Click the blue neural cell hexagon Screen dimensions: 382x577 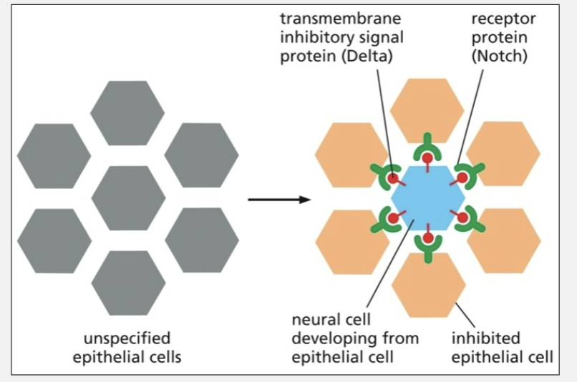click(x=427, y=197)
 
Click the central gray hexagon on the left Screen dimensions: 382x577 click(x=128, y=197)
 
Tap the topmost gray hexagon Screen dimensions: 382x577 click(x=128, y=112)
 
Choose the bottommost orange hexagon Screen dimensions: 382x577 click(x=428, y=285)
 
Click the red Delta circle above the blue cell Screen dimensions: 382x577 click(x=427, y=157)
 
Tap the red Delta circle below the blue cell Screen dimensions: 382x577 click(x=427, y=237)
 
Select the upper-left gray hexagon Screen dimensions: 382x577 click(x=54, y=155)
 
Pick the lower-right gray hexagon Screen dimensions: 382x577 click(x=202, y=240)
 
